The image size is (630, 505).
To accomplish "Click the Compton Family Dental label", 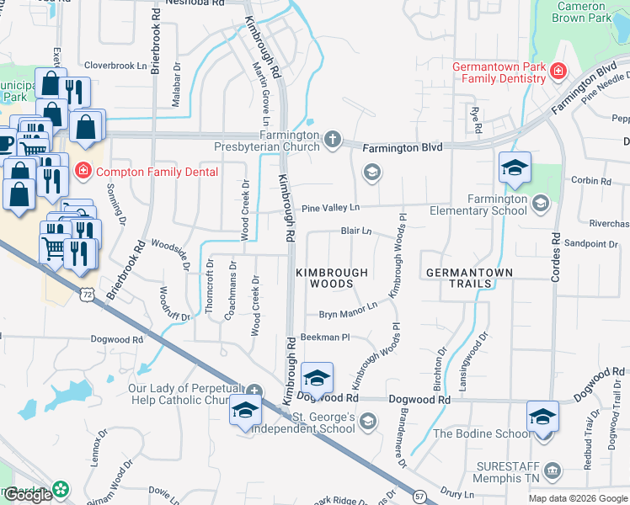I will (x=157, y=172).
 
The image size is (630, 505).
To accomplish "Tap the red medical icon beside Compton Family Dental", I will (x=83, y=171).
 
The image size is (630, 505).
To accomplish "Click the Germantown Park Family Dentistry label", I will (x=499, y=72).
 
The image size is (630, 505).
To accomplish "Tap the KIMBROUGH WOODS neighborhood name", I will (x=332, y=279).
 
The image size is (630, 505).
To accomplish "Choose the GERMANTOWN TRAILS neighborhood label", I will (x=459, y=279).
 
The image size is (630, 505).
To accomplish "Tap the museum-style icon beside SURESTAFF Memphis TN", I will (x=553, y=469).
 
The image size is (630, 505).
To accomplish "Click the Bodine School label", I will (x=482, y=433).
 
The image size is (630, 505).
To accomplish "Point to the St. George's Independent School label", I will (x=323, y=423).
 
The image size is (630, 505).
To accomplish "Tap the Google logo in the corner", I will (x=28, y=495).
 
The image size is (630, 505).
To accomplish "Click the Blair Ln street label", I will (x=356, y=230).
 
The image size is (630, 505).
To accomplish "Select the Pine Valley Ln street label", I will (x=330, y=207).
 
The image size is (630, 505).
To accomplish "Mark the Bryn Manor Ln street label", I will (x=347, y=314).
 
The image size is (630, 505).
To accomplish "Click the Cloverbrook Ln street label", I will (x=115, y=65).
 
